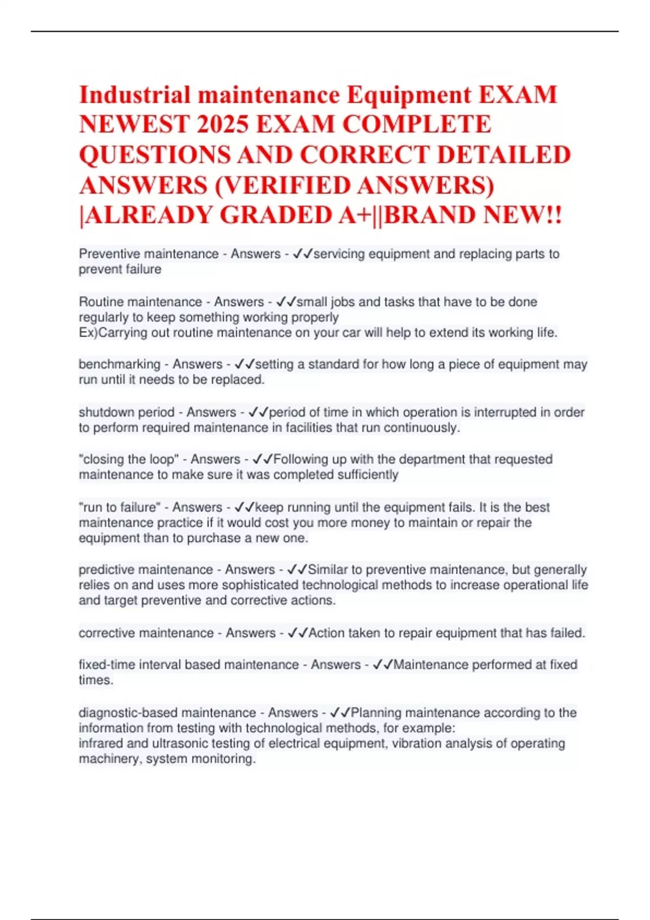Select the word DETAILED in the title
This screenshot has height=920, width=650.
click(504, 155)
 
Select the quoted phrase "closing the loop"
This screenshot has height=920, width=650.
click(128, 459)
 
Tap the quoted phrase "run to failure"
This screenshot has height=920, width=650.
click(120, 508)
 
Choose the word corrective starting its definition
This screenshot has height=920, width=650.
click(107, 633)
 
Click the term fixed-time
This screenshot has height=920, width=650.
click(107, 665)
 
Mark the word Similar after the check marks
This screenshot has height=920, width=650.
click(328, 570)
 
